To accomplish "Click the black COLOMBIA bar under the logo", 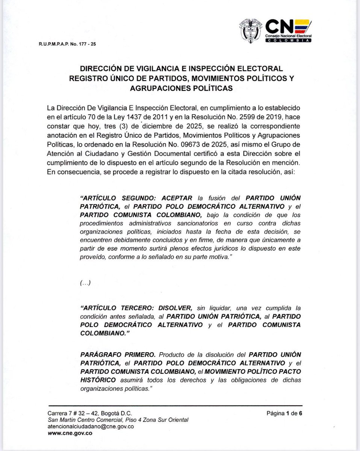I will pyautogui.click(x=288, y=40).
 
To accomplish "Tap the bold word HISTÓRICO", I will pyautogui.click(x=98, y=380).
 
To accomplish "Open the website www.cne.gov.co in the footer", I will pyautogui.click(x=70, y=433).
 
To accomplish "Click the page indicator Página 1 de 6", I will pyautogui.click(x=284, y=413).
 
